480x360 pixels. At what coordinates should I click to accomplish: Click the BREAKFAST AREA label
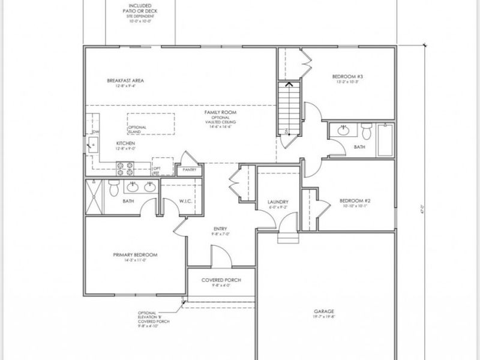click(125, 80)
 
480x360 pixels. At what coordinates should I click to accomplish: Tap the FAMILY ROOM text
click(218, 112)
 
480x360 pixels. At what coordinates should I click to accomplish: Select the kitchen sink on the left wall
click(93, 142)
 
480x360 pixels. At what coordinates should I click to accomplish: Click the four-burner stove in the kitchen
click(126, 169)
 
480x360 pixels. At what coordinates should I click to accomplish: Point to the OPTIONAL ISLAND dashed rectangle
click(150, 124)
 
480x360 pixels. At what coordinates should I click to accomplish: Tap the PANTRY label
click(190, 170)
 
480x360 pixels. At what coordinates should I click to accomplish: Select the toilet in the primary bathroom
click(113, 189)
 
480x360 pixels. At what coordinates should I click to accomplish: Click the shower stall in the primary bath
click(94, 196)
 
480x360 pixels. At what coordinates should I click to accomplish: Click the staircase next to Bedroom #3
click(289, 108)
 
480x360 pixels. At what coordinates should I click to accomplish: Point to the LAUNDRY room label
click(278, 202)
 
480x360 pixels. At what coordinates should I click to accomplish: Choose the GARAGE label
click(323, 311)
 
